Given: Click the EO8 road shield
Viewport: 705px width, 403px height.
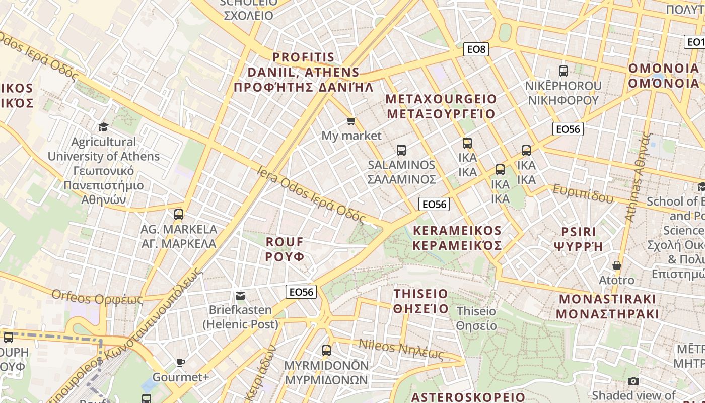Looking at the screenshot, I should pyautogui.click(x=476, y=49).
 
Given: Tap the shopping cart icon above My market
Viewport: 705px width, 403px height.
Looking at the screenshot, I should pyautogui.click(x=351, y=121).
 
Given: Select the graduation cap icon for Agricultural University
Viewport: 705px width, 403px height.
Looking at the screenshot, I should pyautogui.click(x=103, y=127).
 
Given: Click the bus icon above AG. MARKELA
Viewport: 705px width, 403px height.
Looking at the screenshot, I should pyautogui.click(x=178, y=215).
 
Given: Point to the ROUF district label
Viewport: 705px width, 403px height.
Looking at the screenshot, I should pyautogui.click(x=285, y=249).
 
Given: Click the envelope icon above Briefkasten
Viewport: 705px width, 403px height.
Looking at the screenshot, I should pyautogui.click(x=240, y=295).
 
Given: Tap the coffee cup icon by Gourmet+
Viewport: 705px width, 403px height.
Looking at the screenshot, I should pyautogui.click(x=180, y=362).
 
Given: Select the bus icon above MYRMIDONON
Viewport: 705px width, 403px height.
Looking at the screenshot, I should pyautogui.click(x=326, y=350).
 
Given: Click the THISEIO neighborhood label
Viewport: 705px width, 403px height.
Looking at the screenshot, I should pyautogui.click(x=420, y=301).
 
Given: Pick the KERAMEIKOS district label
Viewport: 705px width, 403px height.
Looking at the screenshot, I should pyautogui.click(x=457, y=238).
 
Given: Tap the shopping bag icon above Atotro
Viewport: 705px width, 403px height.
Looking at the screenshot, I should pyautogui.click(x=617, y=265).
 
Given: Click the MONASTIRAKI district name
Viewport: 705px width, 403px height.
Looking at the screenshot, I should pyautogui.click(x=607, y=306).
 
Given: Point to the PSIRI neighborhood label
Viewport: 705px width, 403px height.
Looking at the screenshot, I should pyautogui.click(x=579, y=239).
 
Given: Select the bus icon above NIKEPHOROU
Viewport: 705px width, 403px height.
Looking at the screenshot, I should pyautogui.click(x=563, y=71).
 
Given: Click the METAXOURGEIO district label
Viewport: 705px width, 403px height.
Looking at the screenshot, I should pyautogui.click(x=441, y=106).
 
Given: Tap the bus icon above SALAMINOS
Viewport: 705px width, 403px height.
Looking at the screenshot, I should pyautogui.click(x=401, y=150).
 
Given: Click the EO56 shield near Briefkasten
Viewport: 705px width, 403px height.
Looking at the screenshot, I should pyautogui.click(x=301, y=292).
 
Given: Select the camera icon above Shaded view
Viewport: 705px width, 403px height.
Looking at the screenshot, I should pyautogui.click(x=633, y=381).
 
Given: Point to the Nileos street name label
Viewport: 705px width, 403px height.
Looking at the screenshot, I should pyautogui.click(x=401, y=350).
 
